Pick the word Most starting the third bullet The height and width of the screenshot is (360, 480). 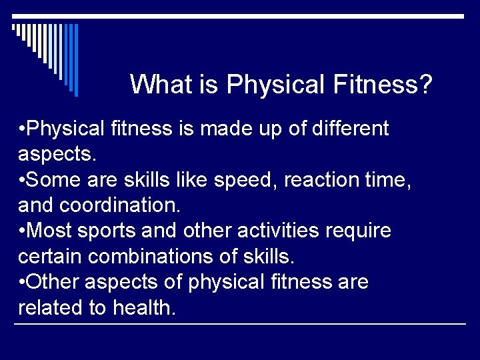click(51, 231)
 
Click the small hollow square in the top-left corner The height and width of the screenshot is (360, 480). click(14, 28)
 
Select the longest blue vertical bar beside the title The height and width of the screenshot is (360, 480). click(76, 60)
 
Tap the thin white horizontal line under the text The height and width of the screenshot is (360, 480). click(240, 324)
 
